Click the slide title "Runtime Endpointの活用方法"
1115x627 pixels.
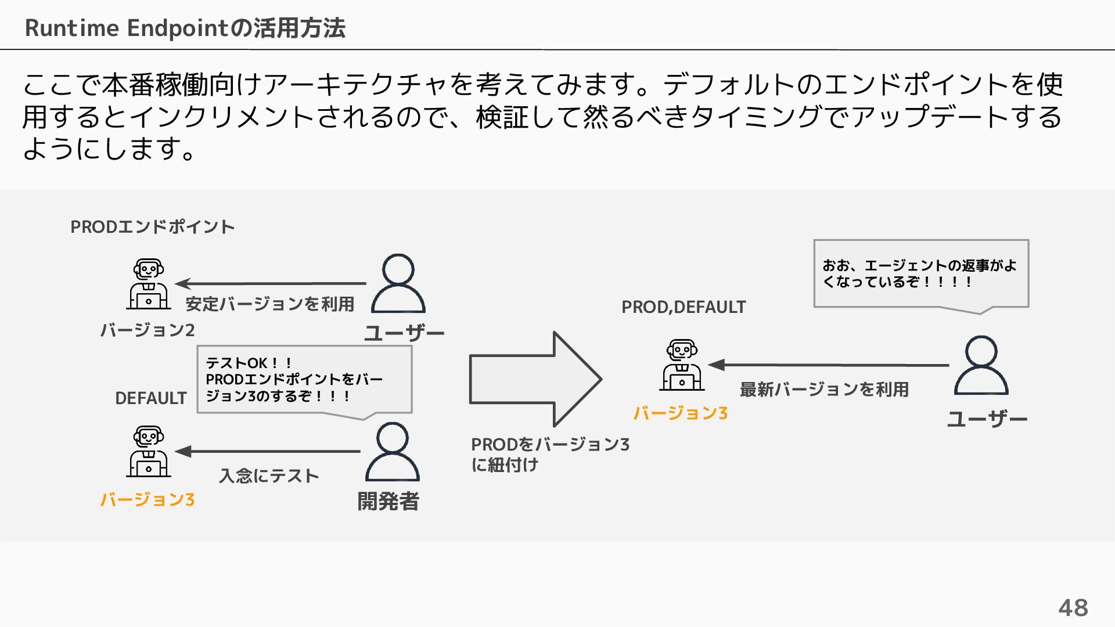pos(185,28)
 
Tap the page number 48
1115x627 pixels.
pos(1073,608)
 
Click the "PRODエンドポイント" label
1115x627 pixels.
pos(152,226)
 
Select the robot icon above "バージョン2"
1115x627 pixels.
pos(149,284)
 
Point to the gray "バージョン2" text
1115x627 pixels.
pos(148,330)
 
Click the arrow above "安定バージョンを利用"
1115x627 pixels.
pos(271,284)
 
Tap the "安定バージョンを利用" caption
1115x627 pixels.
pos(269,304)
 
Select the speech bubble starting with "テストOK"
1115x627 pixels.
pos(304,380)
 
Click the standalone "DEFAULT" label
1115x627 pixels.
pos(151,398)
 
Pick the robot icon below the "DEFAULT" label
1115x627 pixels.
pos(149,452)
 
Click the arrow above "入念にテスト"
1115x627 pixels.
pos(267,451)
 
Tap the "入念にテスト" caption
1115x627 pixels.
pos(269,476)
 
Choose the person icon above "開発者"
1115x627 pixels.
pos(392,452)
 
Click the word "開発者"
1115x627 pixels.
pos(388,501)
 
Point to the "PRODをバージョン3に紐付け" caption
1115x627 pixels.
pos(549,454)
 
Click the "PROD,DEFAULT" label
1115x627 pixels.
pos(684,307)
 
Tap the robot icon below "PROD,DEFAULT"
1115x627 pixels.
pos(682,365)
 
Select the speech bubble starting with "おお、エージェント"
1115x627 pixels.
pos(921,273)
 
